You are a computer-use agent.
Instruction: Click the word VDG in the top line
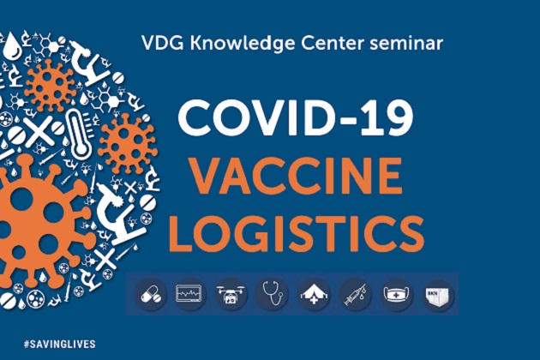pyautogui.click(x=162, y=44)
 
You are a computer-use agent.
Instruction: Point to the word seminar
pyautogui.click(x=406, y=44)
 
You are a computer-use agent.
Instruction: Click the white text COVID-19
pyautogui.click(x=296, y=117)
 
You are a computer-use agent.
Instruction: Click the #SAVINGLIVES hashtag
pyautogui.click(x=60, y=344)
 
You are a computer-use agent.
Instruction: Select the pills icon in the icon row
pyautogui.click(x=151, y=295)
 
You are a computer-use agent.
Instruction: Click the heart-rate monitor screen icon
pyautogui.click(x=190, y=294)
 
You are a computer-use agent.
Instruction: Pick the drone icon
pyautogui.click(x=231, y=295)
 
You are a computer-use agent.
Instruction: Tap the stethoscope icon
pyautogui.click(x=273, y=293)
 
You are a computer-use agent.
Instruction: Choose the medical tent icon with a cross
pyautogui.click(x=314, y=295)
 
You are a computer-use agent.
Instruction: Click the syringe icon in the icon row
pyautogui.click(x=355, y=295)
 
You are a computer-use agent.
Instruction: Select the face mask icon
pyautogui.click(x=396, y=295)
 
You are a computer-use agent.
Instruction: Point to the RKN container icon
pyautogui.click(x=438, y=296)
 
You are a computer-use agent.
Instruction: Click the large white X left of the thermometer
pyautogui.click(x=39, y=130)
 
